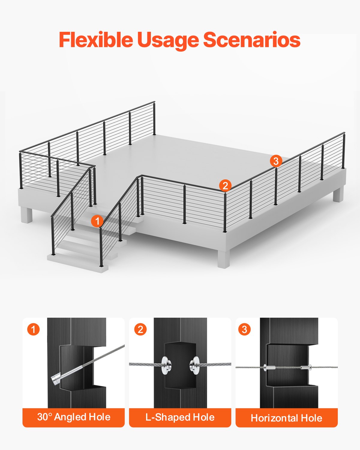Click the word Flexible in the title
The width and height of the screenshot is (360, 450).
95,40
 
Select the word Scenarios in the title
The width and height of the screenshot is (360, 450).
252,40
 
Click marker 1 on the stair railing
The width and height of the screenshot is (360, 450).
97,221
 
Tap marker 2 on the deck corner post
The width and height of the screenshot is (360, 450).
225,185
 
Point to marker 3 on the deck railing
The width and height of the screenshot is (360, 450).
276,161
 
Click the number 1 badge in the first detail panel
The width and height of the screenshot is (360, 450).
33,329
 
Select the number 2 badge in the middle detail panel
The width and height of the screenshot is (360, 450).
140,329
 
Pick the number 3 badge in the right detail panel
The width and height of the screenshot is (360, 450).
244,329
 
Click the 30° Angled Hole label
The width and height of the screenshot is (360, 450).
74,417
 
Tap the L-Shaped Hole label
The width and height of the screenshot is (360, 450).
180,417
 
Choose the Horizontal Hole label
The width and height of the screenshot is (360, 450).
286,418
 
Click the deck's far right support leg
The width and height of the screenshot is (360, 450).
338,194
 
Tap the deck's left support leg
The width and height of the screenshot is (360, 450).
26,215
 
